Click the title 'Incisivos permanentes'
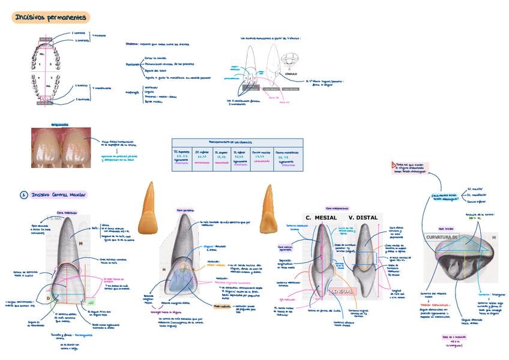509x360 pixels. tap(51, 18)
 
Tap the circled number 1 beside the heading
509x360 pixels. tap(23, 194)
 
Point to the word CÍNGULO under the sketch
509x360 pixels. tap(291, 74)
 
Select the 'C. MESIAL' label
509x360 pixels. tap(321, 217)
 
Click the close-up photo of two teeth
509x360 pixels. tap(61, 146)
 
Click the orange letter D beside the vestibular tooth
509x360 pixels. tap(49, 297)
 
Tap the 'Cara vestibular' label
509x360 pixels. tap(67, 212)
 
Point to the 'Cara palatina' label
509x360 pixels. tap(185, 211)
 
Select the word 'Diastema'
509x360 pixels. tap(131, 44)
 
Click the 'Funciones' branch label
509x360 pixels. tap(133, 64)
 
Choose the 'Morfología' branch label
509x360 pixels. tap(132, 92)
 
